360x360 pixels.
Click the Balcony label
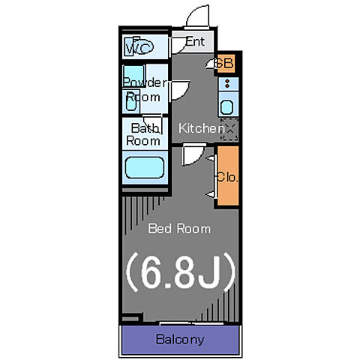click(180, 340)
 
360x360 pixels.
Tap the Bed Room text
click(179, 229)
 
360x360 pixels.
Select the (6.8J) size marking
click(181, 271)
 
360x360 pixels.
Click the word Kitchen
click(202, 128)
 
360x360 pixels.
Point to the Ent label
click(195, 41)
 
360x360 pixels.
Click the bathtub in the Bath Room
click(145, 167)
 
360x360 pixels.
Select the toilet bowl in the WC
click(143, 47)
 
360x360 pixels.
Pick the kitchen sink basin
click(226, 107)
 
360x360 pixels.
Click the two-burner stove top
click(227, 83)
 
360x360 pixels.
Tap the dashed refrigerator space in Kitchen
click(230, 129)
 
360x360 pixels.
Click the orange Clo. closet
click(228, 176)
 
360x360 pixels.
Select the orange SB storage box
click(226, 64)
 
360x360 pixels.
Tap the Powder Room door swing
click(179, 90)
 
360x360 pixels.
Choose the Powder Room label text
click(145, 89)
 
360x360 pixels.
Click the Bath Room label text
click(143, 134)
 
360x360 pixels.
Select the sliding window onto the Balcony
click(191, 324)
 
